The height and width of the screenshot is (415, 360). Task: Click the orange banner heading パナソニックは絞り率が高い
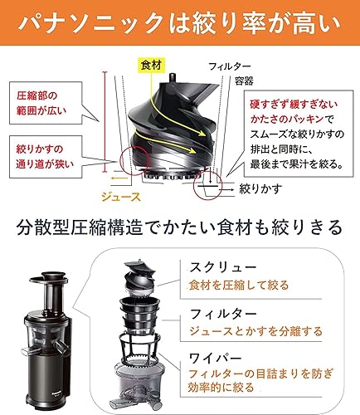tap(180, 22)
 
